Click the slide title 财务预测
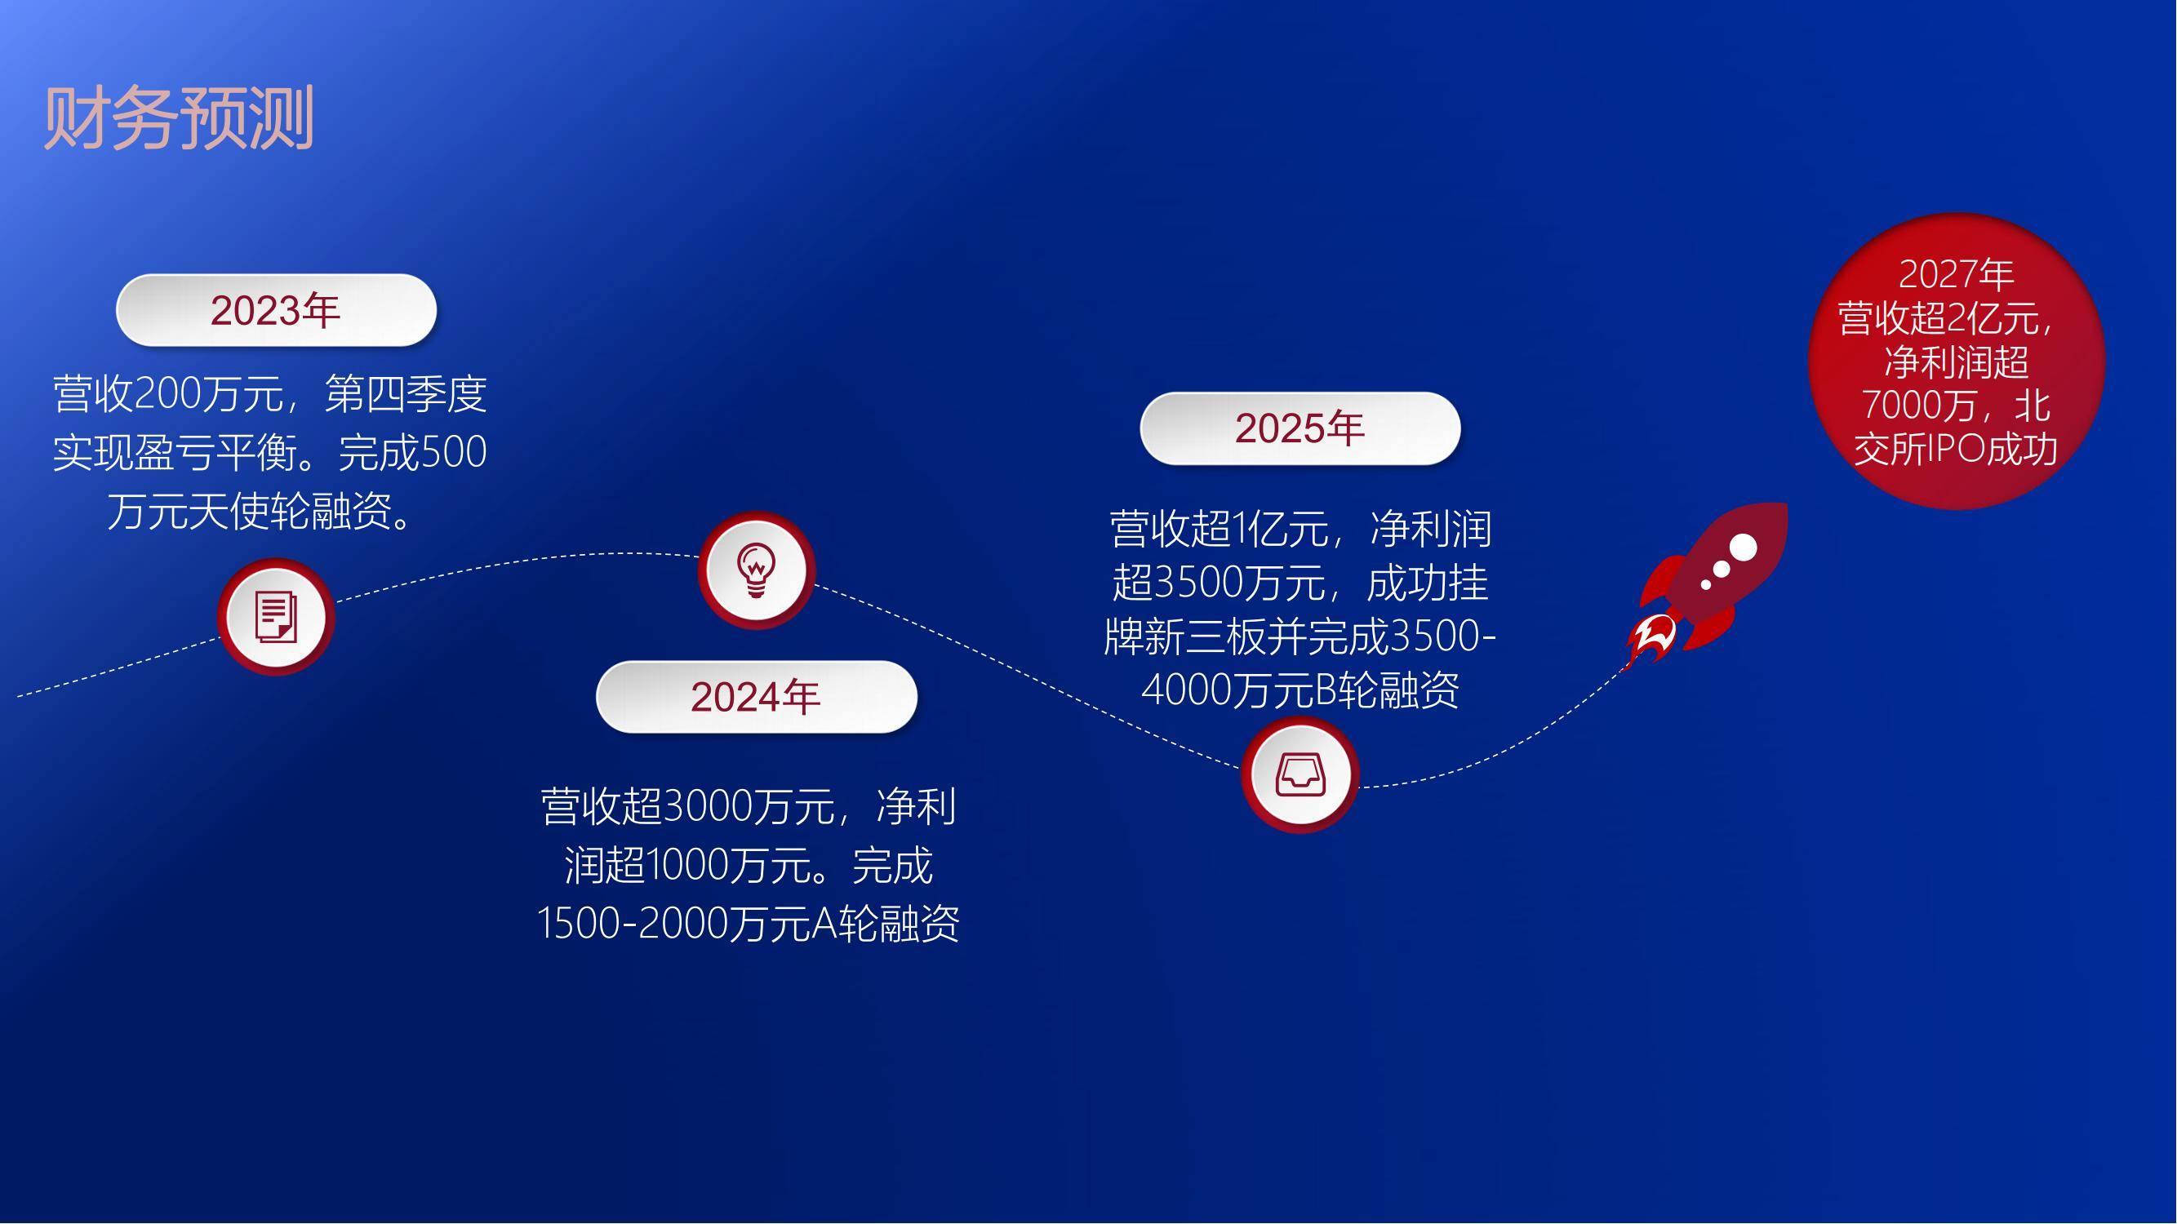(179, 118)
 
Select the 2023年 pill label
(276, 310)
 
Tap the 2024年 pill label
(757, 697)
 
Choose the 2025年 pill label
(1300, 428)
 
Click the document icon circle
(276, 617)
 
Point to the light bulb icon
(757, 570)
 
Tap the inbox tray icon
(1300, 774)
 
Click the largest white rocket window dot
(1743, 548)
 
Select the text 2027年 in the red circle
(1957, 273)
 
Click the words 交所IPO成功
(1956, 449)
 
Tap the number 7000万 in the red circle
(1917, 405)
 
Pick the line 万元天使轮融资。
(264, 510)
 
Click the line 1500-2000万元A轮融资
(748, 923)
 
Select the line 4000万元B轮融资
(1300, 690)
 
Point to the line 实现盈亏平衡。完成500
(269, 452)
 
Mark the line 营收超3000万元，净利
(748, 806)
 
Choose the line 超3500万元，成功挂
(1300, 583)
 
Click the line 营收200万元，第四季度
(269, 393)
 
